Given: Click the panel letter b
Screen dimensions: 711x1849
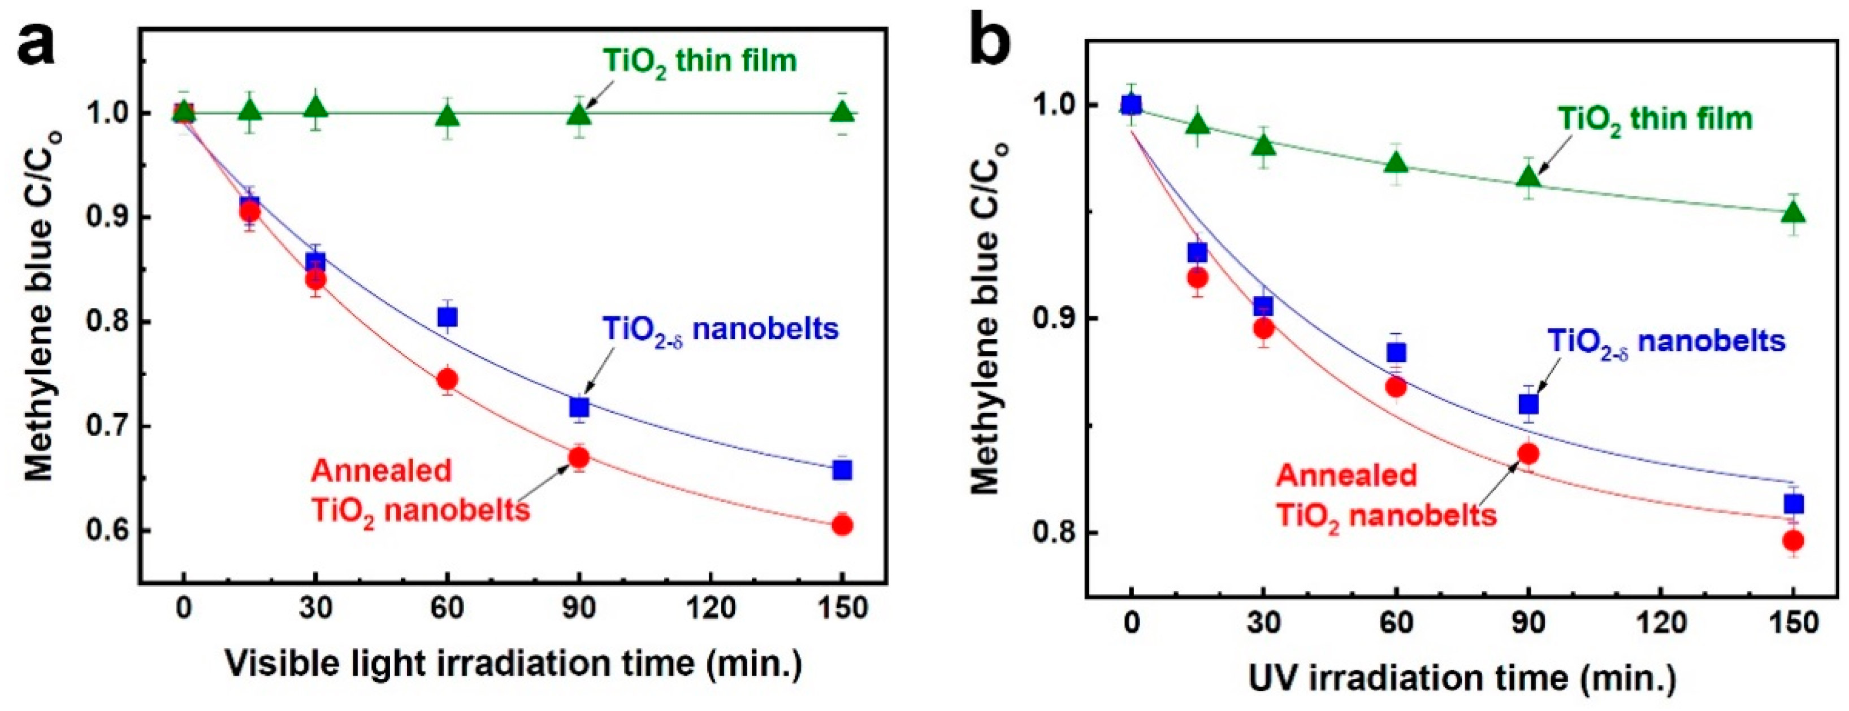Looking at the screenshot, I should tap(990, 37).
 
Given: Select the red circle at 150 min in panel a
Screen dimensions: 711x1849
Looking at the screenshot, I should tap(843, 525).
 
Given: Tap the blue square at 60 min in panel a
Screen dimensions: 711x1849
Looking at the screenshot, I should tap(447, 317).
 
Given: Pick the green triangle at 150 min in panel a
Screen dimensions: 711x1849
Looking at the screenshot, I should tap(843, 112).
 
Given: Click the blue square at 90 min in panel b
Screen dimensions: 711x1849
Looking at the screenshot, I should tap(1529, 404).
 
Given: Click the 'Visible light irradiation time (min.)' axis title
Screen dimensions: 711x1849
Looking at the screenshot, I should tap(513, 663).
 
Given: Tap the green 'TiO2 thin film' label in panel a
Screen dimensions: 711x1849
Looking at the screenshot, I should tap(700, 62).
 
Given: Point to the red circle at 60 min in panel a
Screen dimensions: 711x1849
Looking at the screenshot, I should tap(447, 379).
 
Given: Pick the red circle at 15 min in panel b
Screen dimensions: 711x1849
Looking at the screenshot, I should tap(1197, 278).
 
